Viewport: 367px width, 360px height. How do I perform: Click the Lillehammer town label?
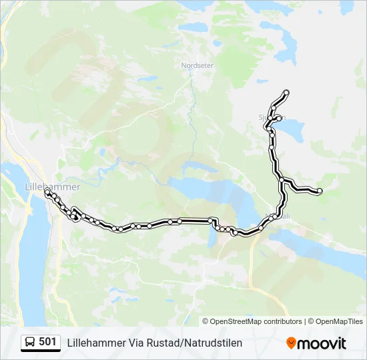tap(51, 187)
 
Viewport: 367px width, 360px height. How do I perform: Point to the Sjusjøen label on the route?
tap(272, 117)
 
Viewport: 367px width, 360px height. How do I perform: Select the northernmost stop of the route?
tap(286, 92)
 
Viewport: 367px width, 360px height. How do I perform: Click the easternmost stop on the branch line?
tap(320, 191)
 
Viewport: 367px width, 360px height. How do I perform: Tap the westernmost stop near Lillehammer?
tap(47, 191)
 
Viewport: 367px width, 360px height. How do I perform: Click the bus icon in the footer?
tap(29, 343)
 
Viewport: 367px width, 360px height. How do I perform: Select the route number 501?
tap(47, 342)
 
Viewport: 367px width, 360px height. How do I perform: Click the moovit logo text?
tap(322, 343)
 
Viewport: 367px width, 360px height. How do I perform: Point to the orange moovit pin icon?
tap(291, 343)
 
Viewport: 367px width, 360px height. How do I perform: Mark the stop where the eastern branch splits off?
tap(283, 180)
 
